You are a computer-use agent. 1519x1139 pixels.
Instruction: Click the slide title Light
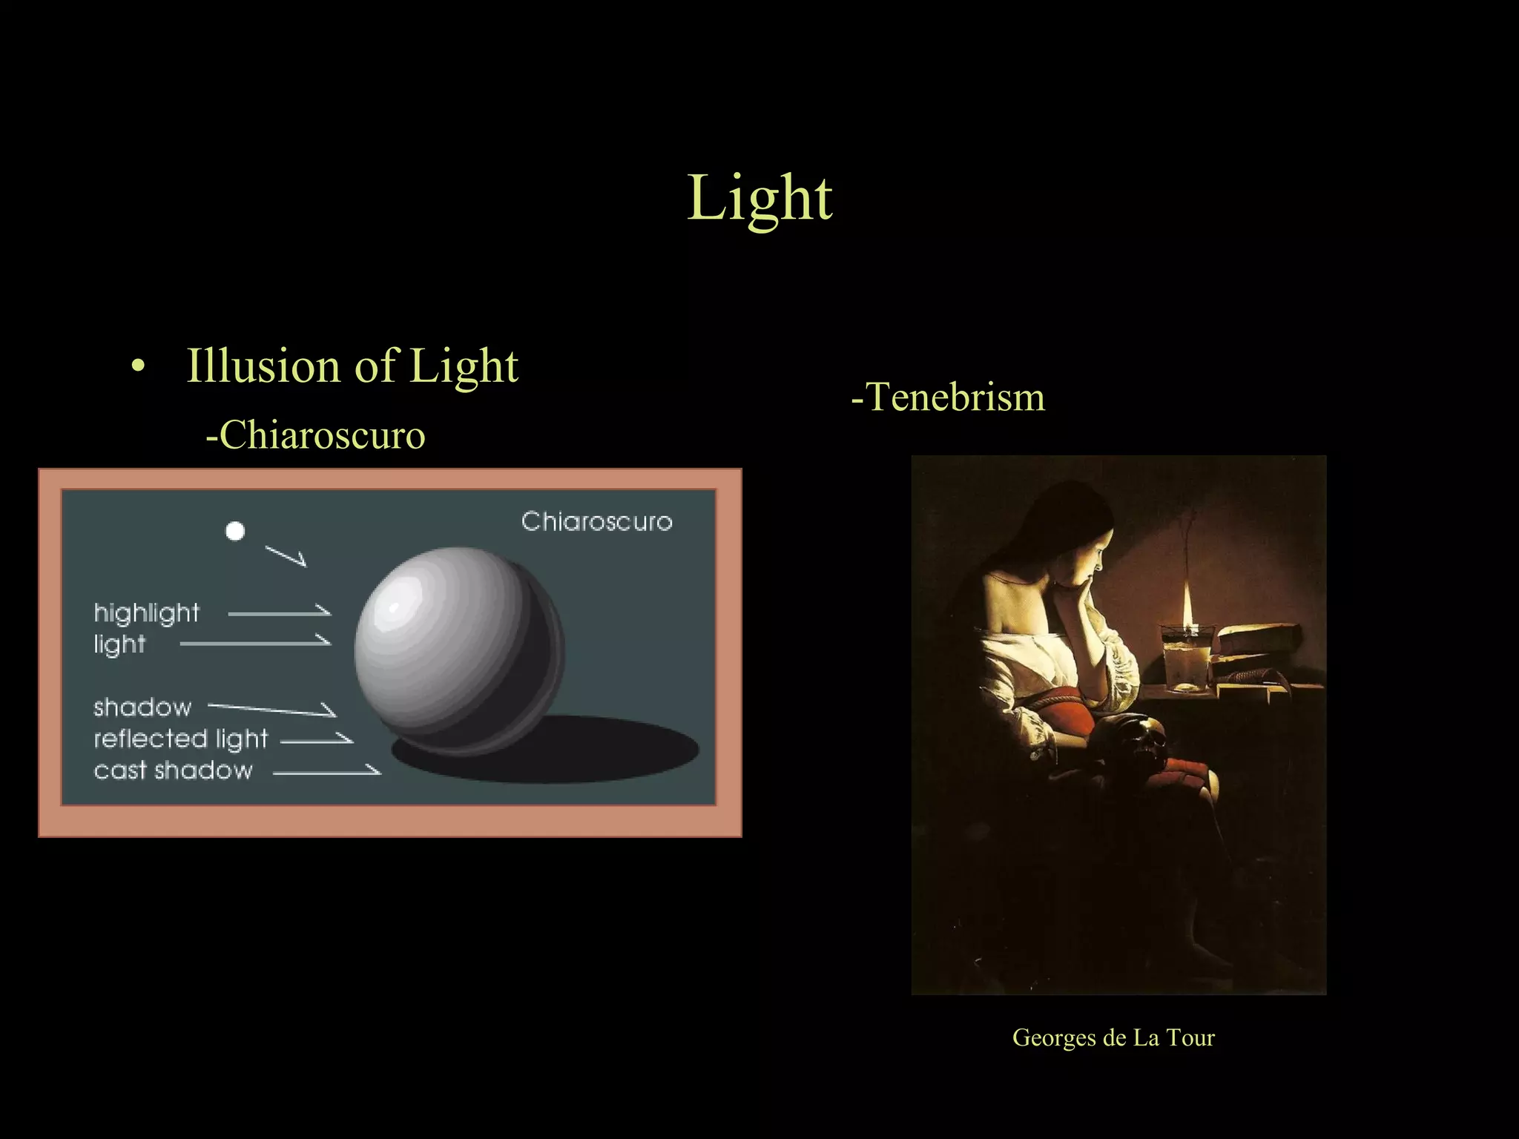759,198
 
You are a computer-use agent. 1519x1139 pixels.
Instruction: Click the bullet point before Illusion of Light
136,366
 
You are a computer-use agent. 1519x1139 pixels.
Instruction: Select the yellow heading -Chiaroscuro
315,435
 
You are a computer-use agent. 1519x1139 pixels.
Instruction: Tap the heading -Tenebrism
948,397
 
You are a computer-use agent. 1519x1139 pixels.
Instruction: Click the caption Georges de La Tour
1113,1037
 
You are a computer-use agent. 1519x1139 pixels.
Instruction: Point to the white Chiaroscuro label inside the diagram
596,521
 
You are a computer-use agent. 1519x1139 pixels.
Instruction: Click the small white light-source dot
235,531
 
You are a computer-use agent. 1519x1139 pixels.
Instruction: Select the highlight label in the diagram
146,613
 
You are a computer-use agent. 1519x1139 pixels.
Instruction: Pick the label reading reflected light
180,739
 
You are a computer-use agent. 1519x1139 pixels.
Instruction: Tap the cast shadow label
173,770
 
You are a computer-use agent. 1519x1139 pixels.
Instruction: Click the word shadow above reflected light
142,707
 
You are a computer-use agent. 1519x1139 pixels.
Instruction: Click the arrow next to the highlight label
280,613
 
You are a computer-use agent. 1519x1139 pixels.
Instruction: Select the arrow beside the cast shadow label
327,772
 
